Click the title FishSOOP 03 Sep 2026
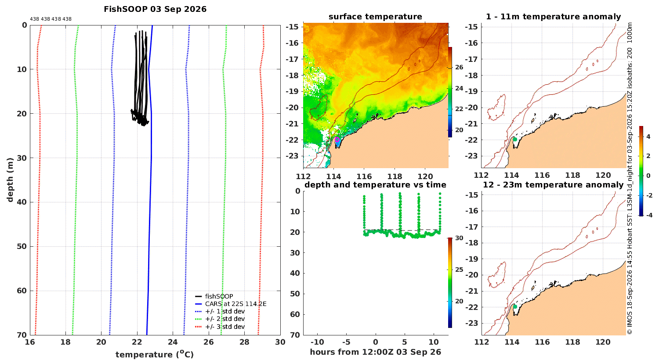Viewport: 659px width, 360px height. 155,9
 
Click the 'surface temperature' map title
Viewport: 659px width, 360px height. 375,17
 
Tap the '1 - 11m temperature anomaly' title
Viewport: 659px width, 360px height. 554,17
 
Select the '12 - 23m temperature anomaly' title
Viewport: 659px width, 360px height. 553,185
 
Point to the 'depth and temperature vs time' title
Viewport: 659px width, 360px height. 375,185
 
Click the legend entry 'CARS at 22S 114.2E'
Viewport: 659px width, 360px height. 231,304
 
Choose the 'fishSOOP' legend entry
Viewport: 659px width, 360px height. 214,296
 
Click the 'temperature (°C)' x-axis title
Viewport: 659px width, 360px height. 155,354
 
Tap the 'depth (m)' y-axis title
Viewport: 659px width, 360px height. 10,180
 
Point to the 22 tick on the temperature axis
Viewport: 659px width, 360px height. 137,342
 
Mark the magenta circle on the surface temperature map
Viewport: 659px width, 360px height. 337,140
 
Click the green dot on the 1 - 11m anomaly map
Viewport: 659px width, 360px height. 515,140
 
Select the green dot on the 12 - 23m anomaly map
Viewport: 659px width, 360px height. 515,307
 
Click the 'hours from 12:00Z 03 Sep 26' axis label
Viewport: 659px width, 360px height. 375,352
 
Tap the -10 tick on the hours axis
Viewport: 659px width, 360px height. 317,342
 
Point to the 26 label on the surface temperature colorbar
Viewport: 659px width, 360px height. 459,67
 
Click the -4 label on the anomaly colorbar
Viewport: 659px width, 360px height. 648,216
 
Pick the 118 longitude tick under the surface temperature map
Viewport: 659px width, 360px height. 395,176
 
